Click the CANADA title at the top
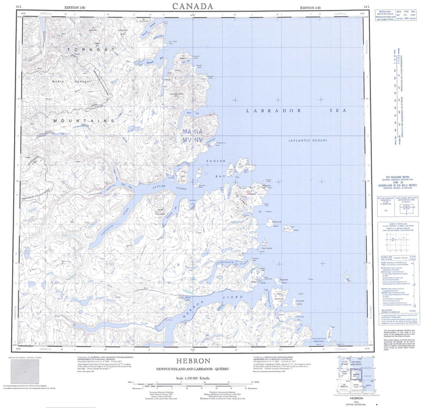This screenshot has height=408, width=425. (193, 6)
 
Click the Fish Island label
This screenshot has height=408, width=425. (293, 228)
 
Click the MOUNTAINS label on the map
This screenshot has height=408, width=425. (83, 120)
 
